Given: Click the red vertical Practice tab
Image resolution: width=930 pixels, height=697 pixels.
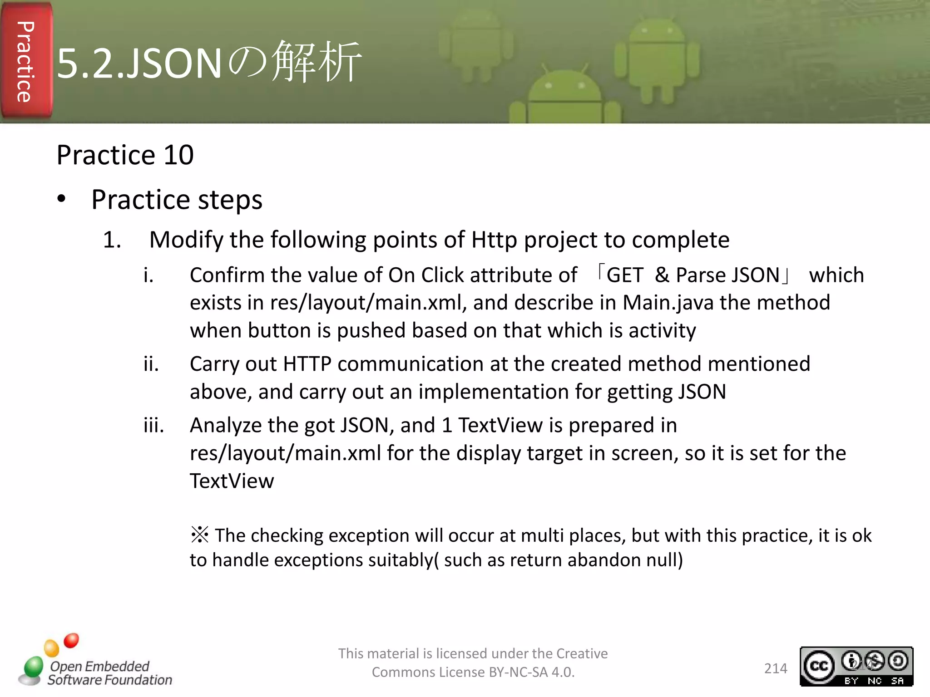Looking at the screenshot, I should click(x=26, y=61).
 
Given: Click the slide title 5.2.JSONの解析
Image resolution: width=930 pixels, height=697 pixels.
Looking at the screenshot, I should click(x=209, y=63).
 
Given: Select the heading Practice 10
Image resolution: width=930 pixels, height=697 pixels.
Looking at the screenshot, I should click(x=125, y=155).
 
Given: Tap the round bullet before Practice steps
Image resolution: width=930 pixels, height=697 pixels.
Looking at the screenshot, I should click(x=62, y=199).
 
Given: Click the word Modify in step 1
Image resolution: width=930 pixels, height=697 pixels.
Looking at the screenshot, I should click(x=186, y=240).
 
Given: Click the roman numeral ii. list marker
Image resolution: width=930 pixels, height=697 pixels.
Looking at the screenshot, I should click(x=151, y=364).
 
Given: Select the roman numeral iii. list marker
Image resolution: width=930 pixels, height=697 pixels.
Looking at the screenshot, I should click(x=153, y=426).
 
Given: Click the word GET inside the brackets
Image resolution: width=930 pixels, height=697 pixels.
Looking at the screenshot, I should click(x=625, y=275).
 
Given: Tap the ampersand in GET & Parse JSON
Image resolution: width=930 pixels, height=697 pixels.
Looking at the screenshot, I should click(x=662, y=275).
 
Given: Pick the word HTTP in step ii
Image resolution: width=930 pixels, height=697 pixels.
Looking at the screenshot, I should click(x=307, y=364).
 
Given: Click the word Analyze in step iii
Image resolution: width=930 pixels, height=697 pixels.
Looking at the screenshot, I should click(x=226, y=426).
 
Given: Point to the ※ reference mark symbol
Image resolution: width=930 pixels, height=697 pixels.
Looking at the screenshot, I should click(x=200, y=535).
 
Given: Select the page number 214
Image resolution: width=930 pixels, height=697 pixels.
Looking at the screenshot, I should click(x=776, y=668).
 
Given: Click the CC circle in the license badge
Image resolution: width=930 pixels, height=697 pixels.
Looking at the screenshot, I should click(x=819, y=666).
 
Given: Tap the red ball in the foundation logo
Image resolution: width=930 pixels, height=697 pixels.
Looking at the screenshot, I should click(x=71, y=640).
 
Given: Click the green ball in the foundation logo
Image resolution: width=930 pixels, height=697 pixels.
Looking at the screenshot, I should click(x=33, y=667).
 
